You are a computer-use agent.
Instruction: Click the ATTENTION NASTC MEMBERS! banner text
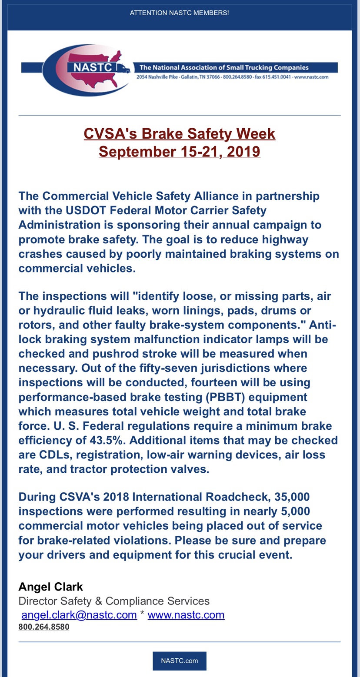pyautogui.click(x=179, y=13)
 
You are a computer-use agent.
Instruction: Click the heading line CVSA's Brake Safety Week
pyautogui.click(x=179, y=133)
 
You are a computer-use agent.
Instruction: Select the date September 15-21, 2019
pyautogui.click(x=179, y=152)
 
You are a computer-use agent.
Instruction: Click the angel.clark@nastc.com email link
pyautogui.click(x=79, y=615)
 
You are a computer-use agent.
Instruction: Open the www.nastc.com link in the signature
pyautogui.click(x=186, y=615)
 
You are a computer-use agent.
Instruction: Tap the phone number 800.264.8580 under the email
pyautogui.click(x=43, y=627)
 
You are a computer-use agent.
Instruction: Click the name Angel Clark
pyautogui.click(x=50, y=587)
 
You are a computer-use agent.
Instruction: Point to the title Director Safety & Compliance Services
pyautogui.click(x=114, y=601)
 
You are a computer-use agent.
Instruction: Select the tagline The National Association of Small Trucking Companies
pyautogui.click(x=223, y=68)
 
